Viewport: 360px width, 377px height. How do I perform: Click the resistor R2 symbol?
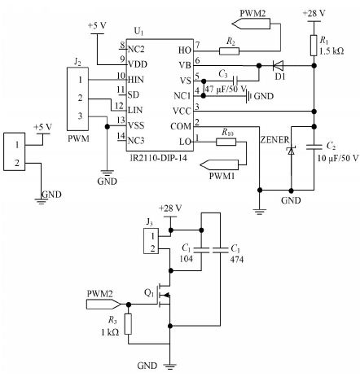coord(230,51)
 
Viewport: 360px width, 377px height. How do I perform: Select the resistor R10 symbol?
coord(226,142)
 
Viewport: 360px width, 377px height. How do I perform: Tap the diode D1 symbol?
coord(278,65)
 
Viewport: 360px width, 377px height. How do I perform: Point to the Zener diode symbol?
coord(292,151)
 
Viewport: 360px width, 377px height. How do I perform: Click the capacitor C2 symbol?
coord(314,147)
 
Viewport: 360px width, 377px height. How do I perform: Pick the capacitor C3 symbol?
coord(235,81)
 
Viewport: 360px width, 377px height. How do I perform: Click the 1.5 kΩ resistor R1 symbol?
coord(314,46)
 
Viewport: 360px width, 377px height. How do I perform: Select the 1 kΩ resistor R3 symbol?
coord(129,324)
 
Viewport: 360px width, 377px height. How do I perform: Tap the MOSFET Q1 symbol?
coord(164,296)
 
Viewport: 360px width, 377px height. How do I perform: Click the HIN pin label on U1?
coord(136,80)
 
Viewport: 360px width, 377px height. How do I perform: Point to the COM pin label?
coord(181,126)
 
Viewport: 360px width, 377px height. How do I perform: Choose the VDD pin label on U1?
coord(138,64)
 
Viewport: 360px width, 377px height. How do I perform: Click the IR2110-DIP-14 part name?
coord(159,158)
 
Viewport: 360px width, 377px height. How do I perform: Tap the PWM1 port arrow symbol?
coord(219,164)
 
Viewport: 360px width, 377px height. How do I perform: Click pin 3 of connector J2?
coord(81,116)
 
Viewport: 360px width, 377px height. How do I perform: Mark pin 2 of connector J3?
coord(153,248)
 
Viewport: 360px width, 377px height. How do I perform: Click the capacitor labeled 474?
coord(220,250)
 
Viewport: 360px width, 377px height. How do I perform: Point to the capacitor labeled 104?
coord(201,250)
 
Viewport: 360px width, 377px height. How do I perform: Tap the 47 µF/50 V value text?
coord(226,89)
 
